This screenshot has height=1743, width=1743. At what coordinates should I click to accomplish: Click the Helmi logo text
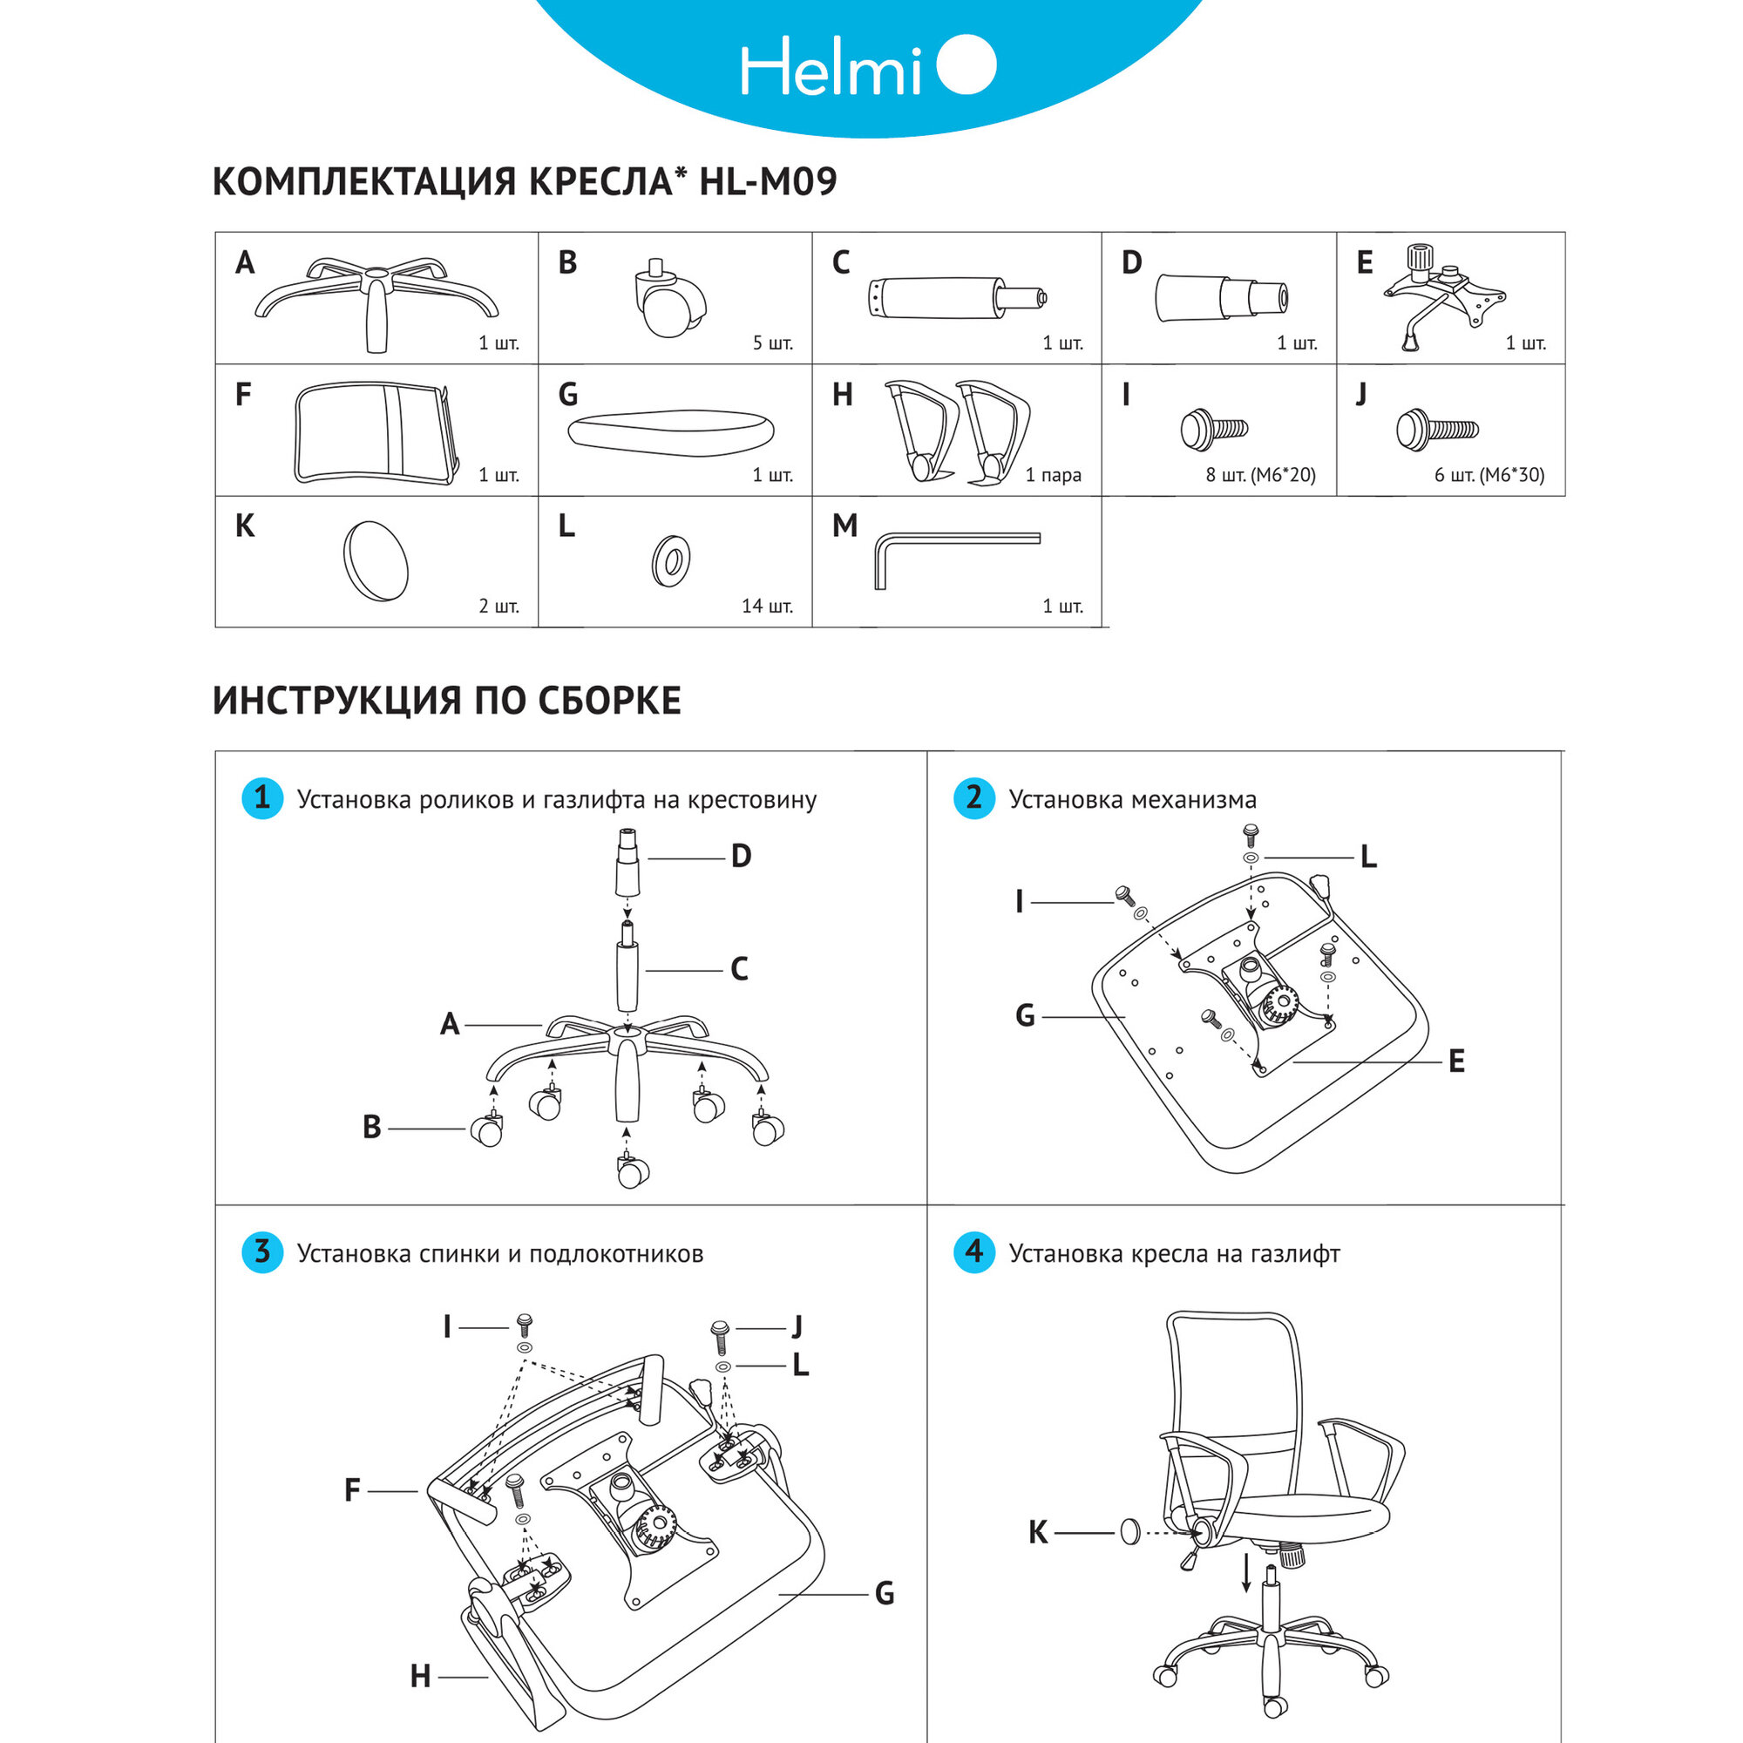coord(830,68)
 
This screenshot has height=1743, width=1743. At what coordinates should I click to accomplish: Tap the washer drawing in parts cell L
coord(671,560)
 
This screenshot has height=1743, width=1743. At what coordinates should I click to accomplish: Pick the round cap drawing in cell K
coord(376,560)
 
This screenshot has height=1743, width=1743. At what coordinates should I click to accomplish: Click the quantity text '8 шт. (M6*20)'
coord(1260,475)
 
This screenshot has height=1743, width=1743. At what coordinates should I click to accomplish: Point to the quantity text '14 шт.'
coord(767,607)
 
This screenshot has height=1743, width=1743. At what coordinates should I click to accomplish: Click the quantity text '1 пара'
coord(1053,475)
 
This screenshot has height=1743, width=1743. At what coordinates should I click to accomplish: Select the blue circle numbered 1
coord(262,798)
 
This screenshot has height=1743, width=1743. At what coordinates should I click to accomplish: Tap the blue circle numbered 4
coord(973,1252)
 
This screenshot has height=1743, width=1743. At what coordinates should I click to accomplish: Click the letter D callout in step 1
coord(741,856)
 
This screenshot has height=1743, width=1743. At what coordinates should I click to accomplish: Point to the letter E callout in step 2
coord(1456,1061)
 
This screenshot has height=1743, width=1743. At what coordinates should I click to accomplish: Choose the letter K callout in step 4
coord(1039,1532)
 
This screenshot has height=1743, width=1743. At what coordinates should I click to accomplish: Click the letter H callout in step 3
coord(420,1676)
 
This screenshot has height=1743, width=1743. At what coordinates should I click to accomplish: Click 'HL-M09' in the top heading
coord(768,181)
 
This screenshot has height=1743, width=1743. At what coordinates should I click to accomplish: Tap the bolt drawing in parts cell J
coord(1436,431)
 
